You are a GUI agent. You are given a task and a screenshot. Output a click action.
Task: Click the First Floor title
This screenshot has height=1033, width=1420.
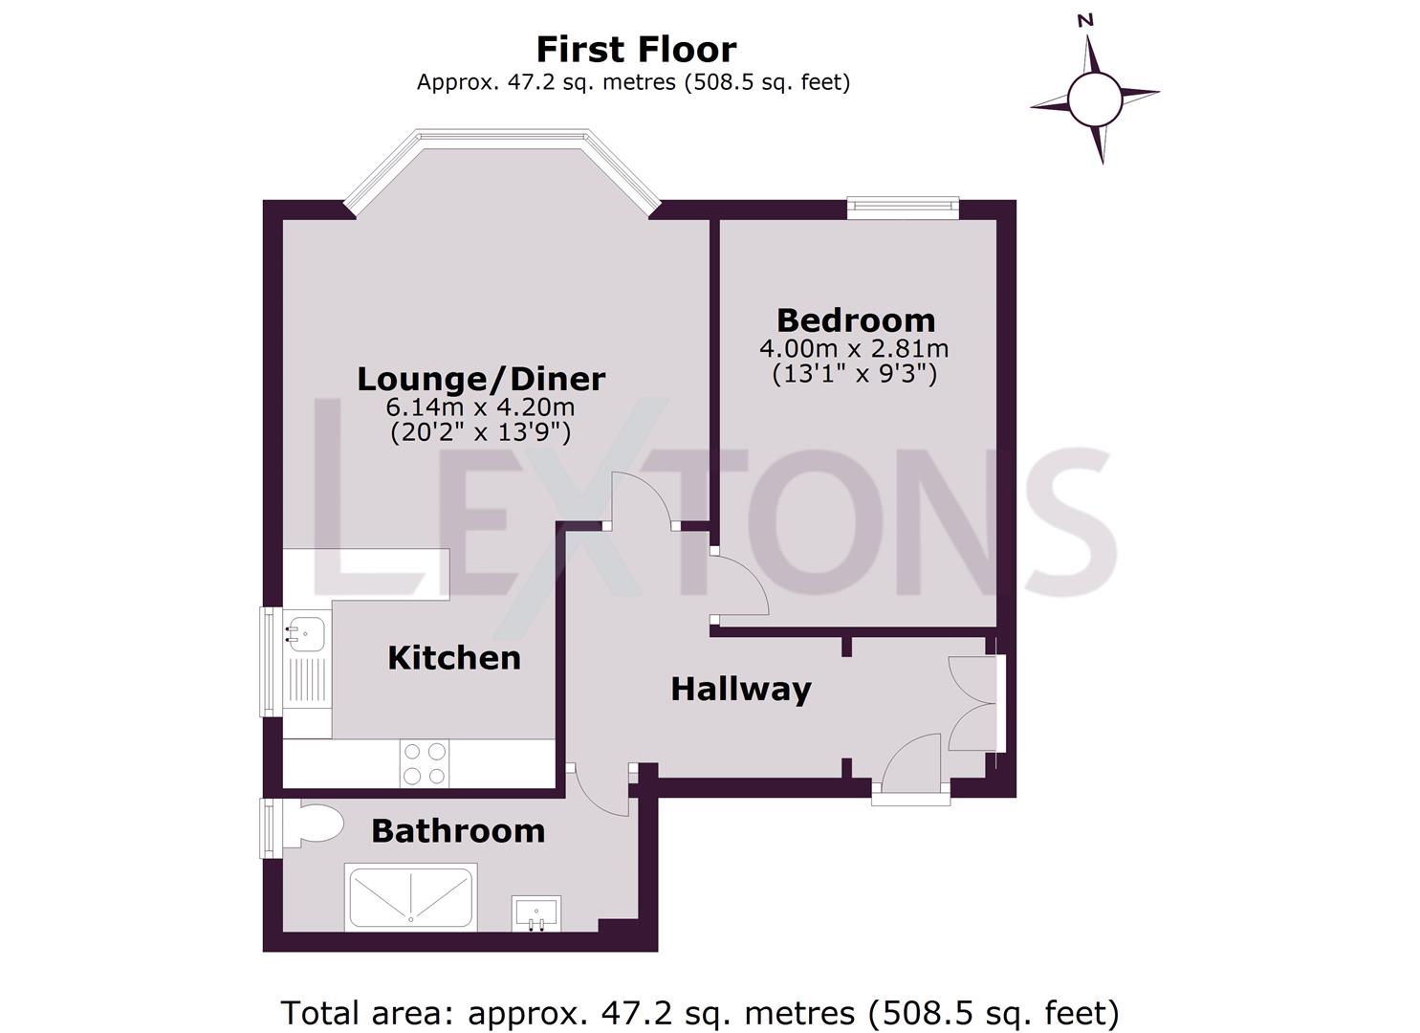point(635,49)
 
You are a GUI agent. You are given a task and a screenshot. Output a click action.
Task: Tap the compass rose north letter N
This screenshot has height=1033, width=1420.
point(1084,20)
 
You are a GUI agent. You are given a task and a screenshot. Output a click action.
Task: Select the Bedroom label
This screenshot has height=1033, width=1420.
point(855,319)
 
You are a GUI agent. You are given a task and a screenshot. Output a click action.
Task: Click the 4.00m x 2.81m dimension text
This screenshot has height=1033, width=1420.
point(854,348)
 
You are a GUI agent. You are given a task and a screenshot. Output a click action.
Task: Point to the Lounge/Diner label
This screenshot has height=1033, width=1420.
point(481,379)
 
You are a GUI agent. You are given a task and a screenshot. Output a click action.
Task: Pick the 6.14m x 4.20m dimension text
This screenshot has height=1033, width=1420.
point(480,407)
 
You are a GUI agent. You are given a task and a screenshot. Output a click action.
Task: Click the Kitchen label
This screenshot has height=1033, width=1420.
point(454,658)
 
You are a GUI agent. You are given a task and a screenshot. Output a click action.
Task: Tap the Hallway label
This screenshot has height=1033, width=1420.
point(740,689)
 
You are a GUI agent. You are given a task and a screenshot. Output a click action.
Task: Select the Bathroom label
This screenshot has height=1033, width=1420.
point(458,831)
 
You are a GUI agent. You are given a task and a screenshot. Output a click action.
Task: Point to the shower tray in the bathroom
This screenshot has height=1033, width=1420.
point(411,897)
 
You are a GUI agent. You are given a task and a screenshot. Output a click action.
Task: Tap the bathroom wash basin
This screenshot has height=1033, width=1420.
point(535,912)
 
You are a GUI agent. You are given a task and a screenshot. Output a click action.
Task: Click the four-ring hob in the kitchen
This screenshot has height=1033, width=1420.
point(425,763)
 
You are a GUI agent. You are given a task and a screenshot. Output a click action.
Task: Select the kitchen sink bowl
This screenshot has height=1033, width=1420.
point(306,633)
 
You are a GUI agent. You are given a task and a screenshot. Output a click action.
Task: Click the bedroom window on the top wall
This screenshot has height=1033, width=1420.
point(903,208)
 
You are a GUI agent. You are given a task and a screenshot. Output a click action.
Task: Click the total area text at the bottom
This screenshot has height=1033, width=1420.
point(699,1012)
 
